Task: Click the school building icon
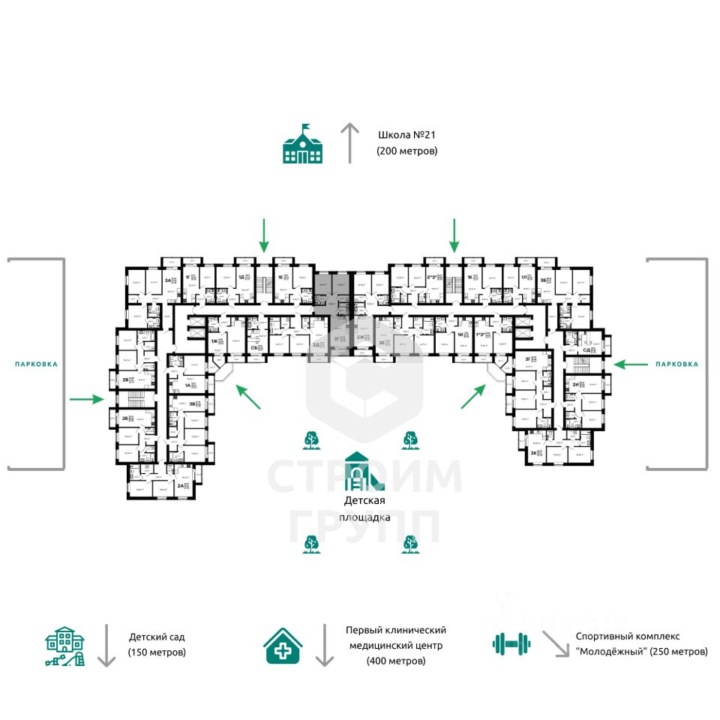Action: [302, 144]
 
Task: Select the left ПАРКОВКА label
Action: [36, 364]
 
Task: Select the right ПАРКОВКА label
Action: [676, 364]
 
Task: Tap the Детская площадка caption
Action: [365, 508]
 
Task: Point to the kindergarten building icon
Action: [65, 646]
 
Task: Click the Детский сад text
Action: [156, 637]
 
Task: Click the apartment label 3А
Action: [166, 280]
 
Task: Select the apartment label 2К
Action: [534, 454]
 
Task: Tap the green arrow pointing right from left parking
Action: [86, 399]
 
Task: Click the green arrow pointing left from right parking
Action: [630, 364]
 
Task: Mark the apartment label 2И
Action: [574, 385]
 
